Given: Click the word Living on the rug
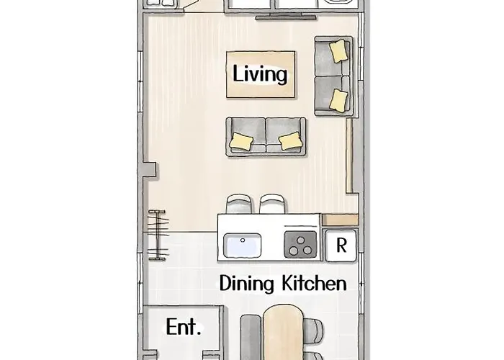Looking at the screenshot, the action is pyautogui.click(x=260, y=74).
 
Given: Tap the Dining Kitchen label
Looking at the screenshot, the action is pyautogui.click(x=283, y=284).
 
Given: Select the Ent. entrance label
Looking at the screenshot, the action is pyautogui.click(x=184, y=327).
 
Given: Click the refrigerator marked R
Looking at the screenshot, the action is pyautogui.click(x=341, y=246).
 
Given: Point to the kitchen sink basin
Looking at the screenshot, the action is pyautogui.click(x=243, y=246).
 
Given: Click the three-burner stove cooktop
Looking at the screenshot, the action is pyautogui.click(x=300, y=245).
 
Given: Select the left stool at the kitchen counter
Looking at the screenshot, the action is pyautogui.click(x=239, y=204).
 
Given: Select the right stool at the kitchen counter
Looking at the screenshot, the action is pyautogui.click(x=272, y=204).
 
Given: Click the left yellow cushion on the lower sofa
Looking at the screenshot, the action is pyautogui.click(x=242, y=141).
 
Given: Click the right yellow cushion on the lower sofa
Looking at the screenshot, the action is pyautogui.click(x=291, y=141).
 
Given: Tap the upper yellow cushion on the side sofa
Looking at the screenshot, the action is pyautogui.click(x=339, y=50).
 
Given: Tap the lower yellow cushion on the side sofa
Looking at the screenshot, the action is pyautogui.click(x=339, y=101).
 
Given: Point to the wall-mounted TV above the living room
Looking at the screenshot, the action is pyautogui.click(x=286, y=17).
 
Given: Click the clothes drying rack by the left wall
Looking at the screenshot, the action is pyautogui.click(x=158, y=235).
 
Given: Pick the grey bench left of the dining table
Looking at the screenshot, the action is pyautogui.click(x=251, y=337).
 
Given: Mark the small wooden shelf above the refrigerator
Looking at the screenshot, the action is pyautogui.click(x=340, y=220).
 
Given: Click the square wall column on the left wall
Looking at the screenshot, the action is pyautogui.click(x=150, y=169).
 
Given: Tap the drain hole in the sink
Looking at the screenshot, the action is pyautogui.click(x=243, y=240).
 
